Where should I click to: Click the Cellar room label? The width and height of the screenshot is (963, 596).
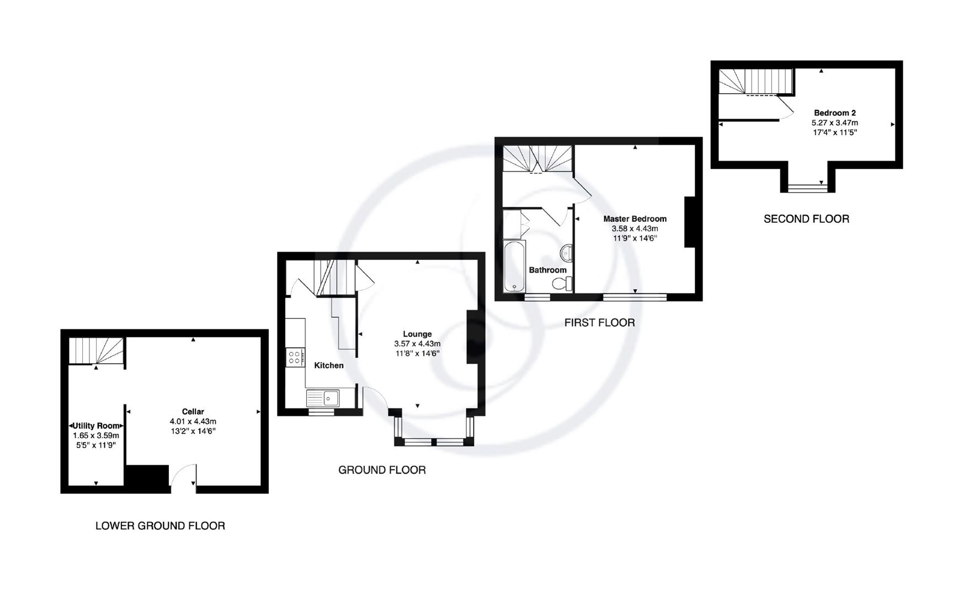tap(193, 412)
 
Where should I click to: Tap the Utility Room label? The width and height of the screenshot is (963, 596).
tap(97, 426)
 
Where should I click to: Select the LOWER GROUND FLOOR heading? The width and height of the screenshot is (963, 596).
tap(160, 526)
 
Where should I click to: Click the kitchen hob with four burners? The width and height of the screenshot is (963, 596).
tap(294, 358)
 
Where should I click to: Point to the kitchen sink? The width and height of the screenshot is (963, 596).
tap(323, 398)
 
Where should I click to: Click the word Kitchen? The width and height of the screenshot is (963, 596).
tap(328, 365)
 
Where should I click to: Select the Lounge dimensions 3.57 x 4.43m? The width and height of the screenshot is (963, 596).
tap(417, 344)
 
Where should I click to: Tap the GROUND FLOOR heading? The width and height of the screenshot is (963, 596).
tap(382, 470)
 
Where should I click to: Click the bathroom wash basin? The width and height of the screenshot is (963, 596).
tap(567, 254)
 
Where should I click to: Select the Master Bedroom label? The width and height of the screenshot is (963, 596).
tap(635, 219)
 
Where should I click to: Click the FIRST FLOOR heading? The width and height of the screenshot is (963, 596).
tap(599, 323)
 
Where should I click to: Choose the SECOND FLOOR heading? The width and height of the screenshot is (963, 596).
tap(806, 219)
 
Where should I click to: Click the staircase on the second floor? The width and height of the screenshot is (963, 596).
tap(756, 81)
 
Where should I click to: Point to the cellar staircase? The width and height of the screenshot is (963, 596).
tap(96, 351)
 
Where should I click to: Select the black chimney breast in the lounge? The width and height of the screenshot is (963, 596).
tap(472, 337)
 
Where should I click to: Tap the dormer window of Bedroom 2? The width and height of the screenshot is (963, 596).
tap(807, 188)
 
